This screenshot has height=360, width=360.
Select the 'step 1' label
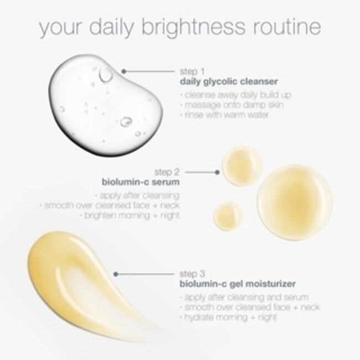point(193,71)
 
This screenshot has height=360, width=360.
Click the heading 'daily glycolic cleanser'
point(228,81)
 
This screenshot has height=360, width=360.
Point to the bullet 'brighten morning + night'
point(142,215)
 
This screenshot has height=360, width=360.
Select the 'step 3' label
point(193,274)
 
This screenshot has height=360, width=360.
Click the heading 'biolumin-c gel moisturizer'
point(236,284)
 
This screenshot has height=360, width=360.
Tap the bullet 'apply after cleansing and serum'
point(238,297)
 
